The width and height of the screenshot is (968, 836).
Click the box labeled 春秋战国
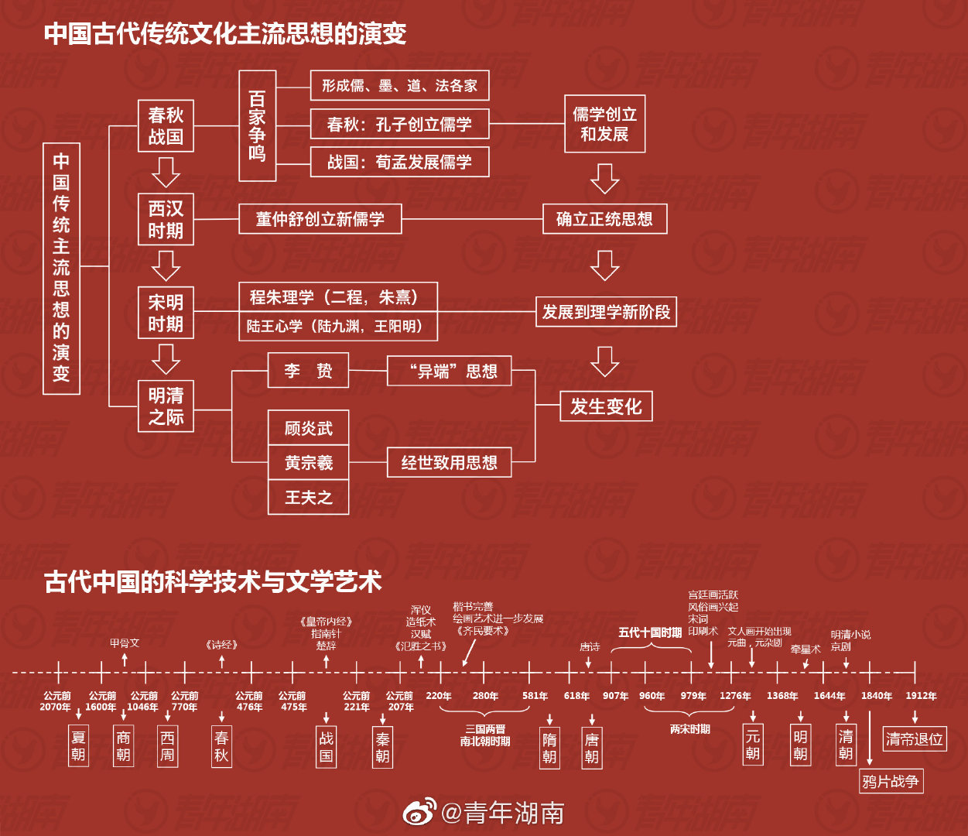(166, 126)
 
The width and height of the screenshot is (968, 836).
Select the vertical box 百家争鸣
(257, 126)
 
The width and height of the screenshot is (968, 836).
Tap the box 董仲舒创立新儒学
(320, 219)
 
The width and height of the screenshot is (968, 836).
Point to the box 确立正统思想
(604, 219)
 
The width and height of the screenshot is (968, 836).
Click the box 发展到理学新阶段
(606, 312)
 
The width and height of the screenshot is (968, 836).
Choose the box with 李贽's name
(308, 371)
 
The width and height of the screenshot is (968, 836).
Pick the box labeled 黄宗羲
(308, 463)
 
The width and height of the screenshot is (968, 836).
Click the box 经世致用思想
(449, 463)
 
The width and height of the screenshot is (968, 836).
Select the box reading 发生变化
(606, 406)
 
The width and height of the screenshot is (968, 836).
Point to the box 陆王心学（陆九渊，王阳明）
(337, 327)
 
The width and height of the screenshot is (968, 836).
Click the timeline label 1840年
(876, 696)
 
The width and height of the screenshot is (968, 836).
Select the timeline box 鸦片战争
(891, 781)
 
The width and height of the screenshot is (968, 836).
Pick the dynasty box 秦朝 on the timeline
(382, 747)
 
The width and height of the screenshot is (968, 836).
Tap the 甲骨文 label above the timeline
(125, 642)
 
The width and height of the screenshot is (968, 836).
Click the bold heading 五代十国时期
(650, 632)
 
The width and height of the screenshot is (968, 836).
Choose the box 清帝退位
(915, 738)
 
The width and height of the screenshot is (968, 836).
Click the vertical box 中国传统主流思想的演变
(61, 268)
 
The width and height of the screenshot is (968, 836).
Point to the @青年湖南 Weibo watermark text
(502, 812)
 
